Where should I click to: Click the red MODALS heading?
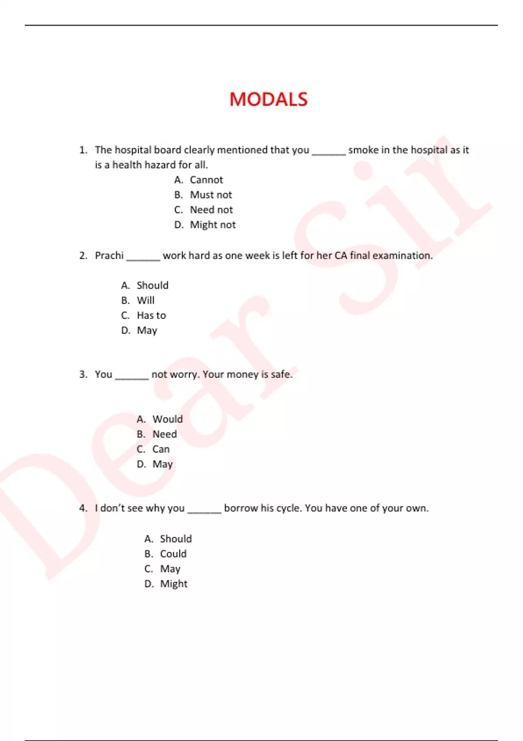click(x=268, y=99)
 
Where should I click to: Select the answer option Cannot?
click(x=206, y=180)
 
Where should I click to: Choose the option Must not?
click(x=211, y=195)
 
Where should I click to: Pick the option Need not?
click(x=211, y=210)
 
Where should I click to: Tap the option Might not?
click(x=213, y=225)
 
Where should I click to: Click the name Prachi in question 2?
click(x=109, y=255)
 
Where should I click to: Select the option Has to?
click(x=151, y=315)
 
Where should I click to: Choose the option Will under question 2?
click(x=146, y=300)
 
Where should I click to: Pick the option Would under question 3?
click(x=167, y=419)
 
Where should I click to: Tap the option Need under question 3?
click(x=164, y=434)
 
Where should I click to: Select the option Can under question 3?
click(x=161, y=449)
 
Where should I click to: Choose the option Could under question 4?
click(x=173, y=554)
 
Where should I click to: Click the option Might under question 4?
click(x=173, y=584)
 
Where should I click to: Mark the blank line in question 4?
click(x=204, y=511)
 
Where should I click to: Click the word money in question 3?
click(x=242, y=374)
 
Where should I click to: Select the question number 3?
click(x=83, y=374)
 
